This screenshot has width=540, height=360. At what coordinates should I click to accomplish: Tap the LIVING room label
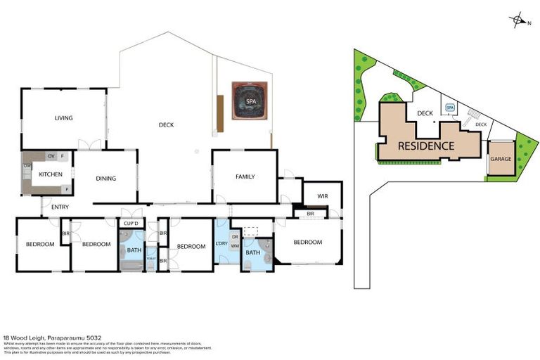(x=64, y=118)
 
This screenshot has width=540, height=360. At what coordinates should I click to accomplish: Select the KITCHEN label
(x=50, y=174)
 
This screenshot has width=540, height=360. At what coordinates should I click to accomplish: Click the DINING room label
(x=106, y=178)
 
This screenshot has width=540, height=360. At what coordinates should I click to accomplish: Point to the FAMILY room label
(x=245, y=176)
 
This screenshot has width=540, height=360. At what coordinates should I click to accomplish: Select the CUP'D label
(x=130, y=224)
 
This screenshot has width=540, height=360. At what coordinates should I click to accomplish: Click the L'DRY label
(x=220, y=243)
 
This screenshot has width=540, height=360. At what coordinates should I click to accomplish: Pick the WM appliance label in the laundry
(x=235, y=245)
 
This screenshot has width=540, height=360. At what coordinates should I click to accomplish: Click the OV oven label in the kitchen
(x=50, y=155)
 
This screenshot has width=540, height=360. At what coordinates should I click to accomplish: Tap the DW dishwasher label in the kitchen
(x=27, y=166)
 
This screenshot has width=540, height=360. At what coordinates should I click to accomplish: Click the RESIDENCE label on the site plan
(x=425, y=146)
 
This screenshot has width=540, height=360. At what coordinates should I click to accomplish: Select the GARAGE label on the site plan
(x=501, y=159)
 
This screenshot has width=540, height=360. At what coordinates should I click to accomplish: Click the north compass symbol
(x=519, y=20)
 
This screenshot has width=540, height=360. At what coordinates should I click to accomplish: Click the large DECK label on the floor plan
(x=166, y=125)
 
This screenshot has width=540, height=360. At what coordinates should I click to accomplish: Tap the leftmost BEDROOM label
(x=40, y=244)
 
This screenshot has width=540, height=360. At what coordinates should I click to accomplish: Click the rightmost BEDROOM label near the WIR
(x=307, y=242)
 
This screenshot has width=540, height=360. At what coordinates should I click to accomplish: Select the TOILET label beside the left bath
(x=150, y=259)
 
